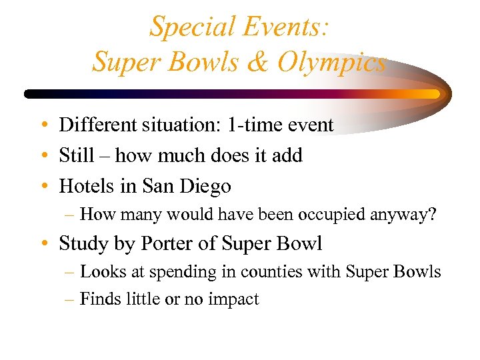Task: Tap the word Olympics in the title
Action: pyautogui.click(x=331, y=62)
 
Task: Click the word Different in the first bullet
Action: pyautogui.click(x=97, y=125)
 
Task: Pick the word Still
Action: pyautogui.click(x=76, y=155)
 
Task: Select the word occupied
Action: pyautogui.click(x=324, y=215)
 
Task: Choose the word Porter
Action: pyautogui.click(x=168, y=244)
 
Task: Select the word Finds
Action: pyautogui.click(x=99, y=299)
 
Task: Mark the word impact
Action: pyautogui.click(x=235, y=300)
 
